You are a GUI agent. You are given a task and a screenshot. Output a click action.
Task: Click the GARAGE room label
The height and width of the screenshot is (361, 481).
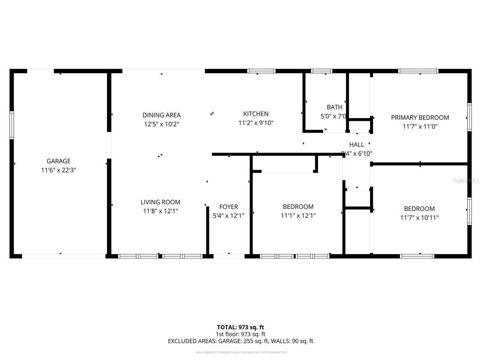tap(58, 161)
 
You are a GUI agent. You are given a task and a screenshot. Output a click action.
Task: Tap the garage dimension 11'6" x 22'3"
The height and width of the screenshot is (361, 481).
tap(58, 170)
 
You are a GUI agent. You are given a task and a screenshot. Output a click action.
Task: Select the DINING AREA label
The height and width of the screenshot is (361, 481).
tap(161, 115)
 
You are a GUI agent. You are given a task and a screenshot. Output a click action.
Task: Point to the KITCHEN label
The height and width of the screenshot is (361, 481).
tap(256, 114)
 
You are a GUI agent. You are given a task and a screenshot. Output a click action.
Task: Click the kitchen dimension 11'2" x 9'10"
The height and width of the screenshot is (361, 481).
tap(256, 123)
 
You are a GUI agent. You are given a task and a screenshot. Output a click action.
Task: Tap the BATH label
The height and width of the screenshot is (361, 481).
tap(334, 107)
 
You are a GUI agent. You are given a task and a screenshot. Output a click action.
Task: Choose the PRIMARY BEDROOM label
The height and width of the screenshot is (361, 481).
tap(420, 118)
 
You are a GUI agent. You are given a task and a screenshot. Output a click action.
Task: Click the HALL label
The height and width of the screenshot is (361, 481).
tap(357, 145)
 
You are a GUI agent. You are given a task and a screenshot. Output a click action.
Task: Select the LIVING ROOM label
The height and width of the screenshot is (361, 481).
tap(161, 202)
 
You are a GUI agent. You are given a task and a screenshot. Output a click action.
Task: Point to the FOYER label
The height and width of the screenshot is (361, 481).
tap(228, 207)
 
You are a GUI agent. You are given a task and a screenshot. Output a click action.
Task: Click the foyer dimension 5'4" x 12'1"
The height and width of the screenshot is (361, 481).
tap(228, 216)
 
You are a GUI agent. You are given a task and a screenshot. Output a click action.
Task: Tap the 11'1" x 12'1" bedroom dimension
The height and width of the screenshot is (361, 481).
tap(298, 216)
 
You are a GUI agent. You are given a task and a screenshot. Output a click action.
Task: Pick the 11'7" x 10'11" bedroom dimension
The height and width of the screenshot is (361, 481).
tap(419, 218)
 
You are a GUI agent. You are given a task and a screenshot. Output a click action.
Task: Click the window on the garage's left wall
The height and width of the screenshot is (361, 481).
tap(12, 125)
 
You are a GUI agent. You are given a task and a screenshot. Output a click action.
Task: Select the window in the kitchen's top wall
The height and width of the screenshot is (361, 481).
tap(261, 71)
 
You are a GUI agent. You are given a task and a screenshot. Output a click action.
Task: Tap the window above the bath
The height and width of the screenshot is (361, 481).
tap(321, 71)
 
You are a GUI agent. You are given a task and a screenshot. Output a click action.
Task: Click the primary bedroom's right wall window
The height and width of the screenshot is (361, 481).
tap(469, 117)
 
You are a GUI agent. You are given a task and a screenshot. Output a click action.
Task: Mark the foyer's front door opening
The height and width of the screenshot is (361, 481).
tap(229, 256)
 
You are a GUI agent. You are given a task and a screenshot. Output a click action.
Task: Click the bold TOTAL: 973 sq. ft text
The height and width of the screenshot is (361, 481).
tap(240, 327)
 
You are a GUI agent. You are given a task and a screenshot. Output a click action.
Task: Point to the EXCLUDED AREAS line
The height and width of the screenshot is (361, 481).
tap(240, 341)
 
